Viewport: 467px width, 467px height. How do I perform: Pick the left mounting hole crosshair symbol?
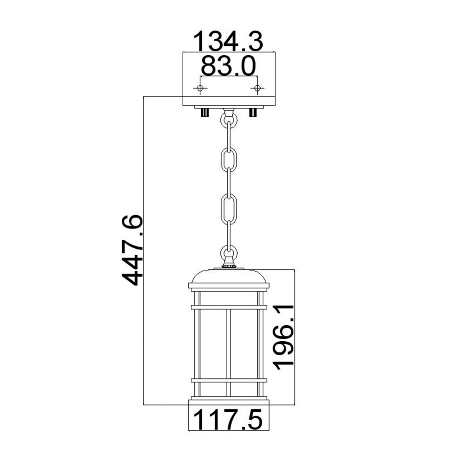[x=200, y=88]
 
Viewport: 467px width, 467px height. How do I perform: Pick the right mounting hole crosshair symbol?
[x=256, y=88]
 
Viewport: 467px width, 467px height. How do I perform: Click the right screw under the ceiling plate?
[x=253, y=113]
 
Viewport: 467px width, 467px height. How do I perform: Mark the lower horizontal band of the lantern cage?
[x=228, y=380]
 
